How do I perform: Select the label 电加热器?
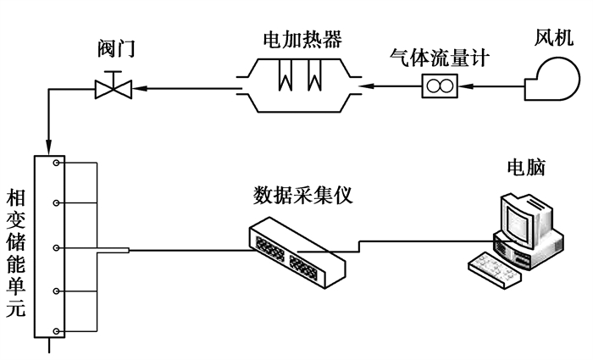(x=296, y=38)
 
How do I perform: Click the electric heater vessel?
(x=296, y=85)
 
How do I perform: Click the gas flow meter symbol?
(x=441, y=86)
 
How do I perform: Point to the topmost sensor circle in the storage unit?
(x=55, y=163)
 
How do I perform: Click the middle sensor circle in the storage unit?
(x=55, y=248)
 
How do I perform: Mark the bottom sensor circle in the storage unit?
(x=55, y=330)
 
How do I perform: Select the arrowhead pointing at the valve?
(x=133, y=86)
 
